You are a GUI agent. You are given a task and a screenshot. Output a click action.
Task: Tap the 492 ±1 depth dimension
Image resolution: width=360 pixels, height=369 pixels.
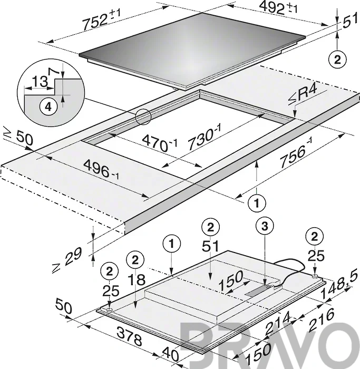point(278,7)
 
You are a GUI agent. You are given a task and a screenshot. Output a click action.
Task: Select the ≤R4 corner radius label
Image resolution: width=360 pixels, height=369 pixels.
point(303,95)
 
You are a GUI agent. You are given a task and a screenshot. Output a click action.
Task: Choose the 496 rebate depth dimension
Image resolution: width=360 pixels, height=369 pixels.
point(102,169)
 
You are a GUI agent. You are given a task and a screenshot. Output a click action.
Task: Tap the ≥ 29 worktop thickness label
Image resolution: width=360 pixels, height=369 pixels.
point(67,259)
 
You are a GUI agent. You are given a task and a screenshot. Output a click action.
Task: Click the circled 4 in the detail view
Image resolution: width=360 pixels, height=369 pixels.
point(48,108)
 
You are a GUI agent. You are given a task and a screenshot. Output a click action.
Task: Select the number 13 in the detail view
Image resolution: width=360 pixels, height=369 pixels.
point(40,81)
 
